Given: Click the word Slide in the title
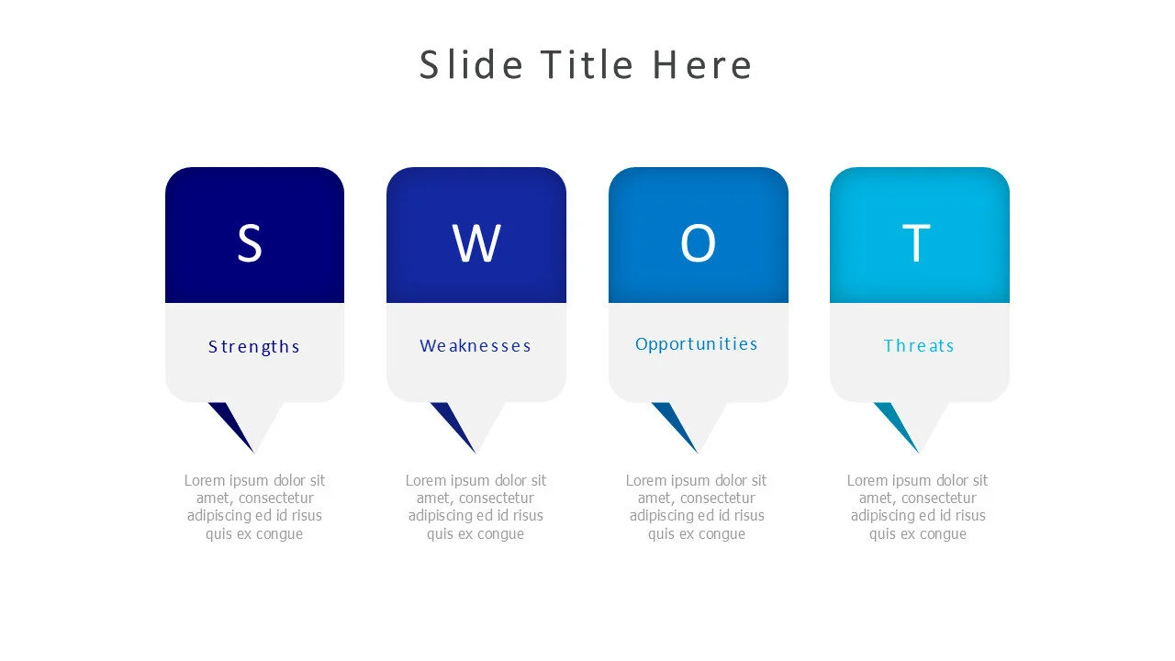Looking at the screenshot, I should (471, 65).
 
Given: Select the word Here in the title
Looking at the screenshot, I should (702, 65).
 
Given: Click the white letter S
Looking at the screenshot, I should (250, 243).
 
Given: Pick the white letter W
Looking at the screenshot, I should (476, 243).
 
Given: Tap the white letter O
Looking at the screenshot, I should (698, 243).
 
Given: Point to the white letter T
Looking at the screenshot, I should (916, 243).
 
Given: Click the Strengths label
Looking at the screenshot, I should (254, 346).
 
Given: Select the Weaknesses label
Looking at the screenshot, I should (476, 345).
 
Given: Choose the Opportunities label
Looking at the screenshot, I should (697, 343).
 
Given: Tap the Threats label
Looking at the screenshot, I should (919, 345).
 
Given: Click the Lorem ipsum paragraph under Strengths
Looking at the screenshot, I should (254, 507).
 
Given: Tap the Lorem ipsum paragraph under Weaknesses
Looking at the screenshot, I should (476, 507).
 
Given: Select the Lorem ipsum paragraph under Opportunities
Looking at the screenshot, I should (697, 507).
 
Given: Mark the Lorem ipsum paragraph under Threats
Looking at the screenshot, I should (918, 507).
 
